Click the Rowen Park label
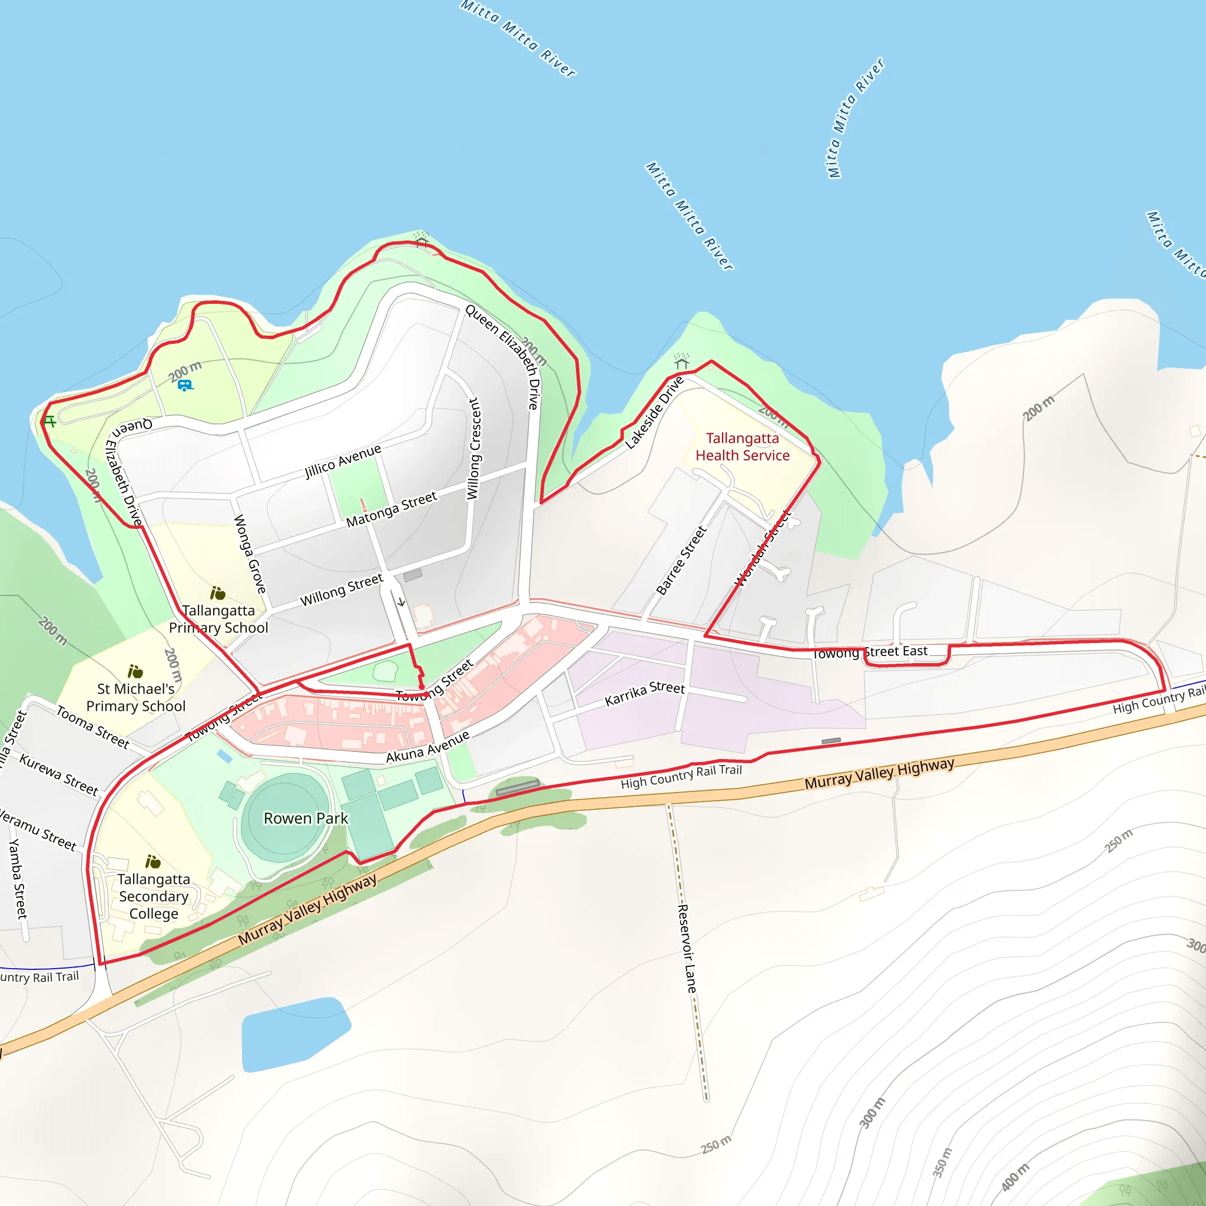tap(306, 818)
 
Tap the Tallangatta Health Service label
tap(742, 447)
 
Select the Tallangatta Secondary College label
tap(154, 896)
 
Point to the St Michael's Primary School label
tap(136, 697)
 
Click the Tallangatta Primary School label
tap(218, 619)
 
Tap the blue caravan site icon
tap(185, 385)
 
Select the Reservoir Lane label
tap(687, 949)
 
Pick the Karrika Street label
tap(645, 693)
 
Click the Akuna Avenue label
tap(428, 747)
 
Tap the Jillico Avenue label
tap(343, 460)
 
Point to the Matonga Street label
tap(392, 509)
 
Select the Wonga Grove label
tap(250, 554)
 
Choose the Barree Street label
tap(681, 560)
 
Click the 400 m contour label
tap(1015, 1177)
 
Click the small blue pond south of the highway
tap(293, 1033)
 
